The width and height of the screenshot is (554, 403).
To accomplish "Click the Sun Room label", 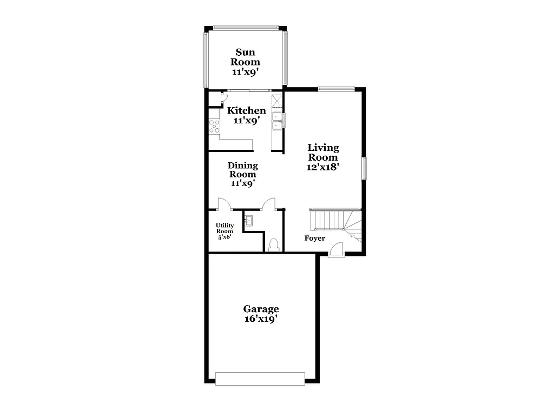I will click(247, 57).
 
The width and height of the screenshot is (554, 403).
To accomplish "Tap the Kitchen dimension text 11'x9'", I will click(246, 121).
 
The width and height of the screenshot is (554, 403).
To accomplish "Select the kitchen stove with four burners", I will click(214, 126).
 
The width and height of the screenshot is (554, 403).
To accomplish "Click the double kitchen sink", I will click(278, 120).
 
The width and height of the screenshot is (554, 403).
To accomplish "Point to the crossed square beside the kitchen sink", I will click(276, 101).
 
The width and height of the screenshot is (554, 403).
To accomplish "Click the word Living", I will click(323, 148).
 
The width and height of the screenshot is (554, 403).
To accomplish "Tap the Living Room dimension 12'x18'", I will click(323, 167).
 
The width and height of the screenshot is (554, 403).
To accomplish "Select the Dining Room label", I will click(242, 170).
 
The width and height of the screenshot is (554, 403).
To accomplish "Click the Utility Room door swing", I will click(224, 204).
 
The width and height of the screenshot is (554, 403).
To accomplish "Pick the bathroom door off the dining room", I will click(268, 204).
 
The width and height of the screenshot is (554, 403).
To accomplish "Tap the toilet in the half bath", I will click(274, 245).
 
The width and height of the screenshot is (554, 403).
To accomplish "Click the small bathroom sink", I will click(249, 220).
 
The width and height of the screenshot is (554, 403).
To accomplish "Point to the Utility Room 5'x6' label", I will click(225, 231).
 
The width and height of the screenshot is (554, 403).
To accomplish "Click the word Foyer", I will click(315, 238).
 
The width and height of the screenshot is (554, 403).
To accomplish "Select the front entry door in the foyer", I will click(336, 249).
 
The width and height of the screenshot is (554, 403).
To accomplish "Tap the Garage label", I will click(261, 314).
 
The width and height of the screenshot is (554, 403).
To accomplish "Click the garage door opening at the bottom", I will click(260, 378).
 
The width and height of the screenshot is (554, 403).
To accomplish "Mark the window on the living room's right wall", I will click(364, 168).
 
